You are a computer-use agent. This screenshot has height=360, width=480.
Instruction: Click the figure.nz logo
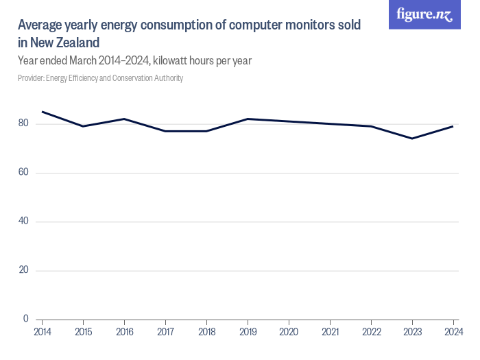pyautogui.click(x=424, y=15)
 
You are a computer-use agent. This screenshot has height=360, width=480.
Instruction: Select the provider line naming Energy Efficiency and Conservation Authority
pyautogui.click(x=100, y=78)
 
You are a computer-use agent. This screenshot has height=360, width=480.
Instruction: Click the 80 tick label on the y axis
pyautogui.click(x=23, y=123)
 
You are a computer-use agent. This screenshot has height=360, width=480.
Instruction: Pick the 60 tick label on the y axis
pyautogui.click(x=23, y=172)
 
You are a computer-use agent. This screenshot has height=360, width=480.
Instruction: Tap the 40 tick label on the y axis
pyautogui.click(x=23, y=221)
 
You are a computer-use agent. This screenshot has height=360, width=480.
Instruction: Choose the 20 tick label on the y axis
pyautogui.click(x=23, y=270)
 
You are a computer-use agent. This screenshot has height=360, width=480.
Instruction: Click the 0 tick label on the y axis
pyautogui.click(x=26, y=319)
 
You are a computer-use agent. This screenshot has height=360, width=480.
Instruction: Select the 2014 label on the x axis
pyautogui.click(x=42, y=332)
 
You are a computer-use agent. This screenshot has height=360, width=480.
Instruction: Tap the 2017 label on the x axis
pyautogui.click(x=165, y=332)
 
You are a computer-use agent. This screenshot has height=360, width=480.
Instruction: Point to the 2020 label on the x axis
pyautogui.click(x=289, y=332)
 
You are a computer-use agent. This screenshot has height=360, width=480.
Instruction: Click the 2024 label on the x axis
pyautogui.click(x=453, y=332)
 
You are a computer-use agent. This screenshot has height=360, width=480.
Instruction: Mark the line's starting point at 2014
pyautogui.click(x=42, y=112)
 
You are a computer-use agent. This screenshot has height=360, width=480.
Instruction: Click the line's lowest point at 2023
pyautogui.click(x=412, y=139)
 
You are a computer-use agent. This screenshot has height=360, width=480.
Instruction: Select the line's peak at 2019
pyautogui.click(x=248, y=119)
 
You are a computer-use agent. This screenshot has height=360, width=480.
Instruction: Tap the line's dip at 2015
pyautogui.click(x=83, y=126)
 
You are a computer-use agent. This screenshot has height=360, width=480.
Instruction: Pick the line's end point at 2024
pyautogui.click(x=453, y=126)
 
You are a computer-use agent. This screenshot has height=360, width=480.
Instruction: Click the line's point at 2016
pyautogui.click(x=124, y=119)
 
